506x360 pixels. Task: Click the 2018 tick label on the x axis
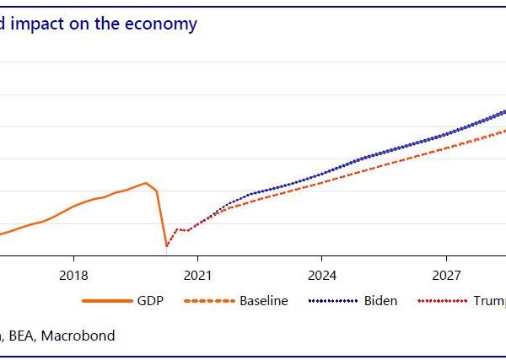pos(74,275)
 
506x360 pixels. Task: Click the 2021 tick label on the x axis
pos(197,275)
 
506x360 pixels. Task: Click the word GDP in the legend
pos(149,301)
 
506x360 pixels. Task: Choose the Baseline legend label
pos(264,301)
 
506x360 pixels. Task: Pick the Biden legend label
pos(380,301)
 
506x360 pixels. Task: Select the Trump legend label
pos(489,301)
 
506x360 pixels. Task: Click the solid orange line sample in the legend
pos(105,301)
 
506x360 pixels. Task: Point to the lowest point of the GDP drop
pos(166,246)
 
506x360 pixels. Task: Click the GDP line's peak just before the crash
pos(146,183)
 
